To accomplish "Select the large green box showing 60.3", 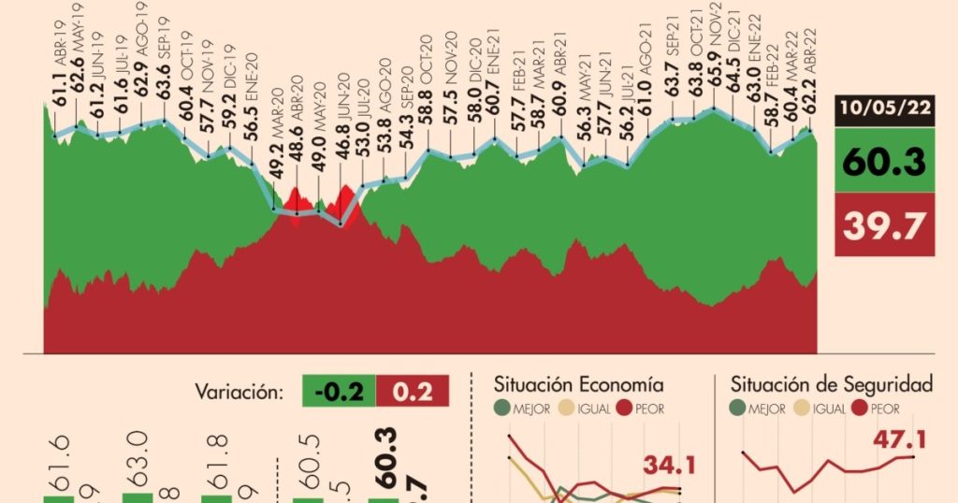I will (x=884, y=161).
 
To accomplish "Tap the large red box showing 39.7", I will (x=884, y=225).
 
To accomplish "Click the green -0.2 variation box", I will (x=339, y=391).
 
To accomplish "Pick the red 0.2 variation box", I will (x=412, y=391).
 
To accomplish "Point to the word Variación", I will (x=239, y=391).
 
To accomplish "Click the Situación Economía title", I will (x=579, y=384).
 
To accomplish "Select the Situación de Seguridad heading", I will (x=832, y=384).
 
